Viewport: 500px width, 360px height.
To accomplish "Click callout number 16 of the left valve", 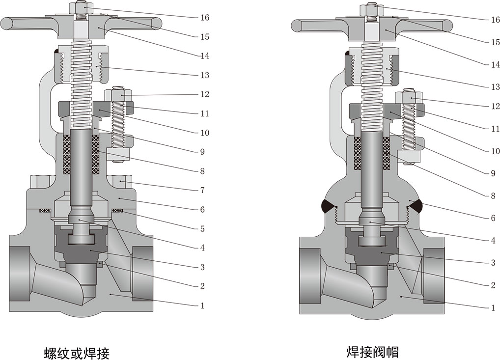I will [x=205, y=18].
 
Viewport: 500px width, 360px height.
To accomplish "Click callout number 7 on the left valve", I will [x=202, y=190].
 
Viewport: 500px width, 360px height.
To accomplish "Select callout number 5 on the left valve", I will [x=202, y=228].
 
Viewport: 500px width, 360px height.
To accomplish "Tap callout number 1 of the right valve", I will [x=493, y=308].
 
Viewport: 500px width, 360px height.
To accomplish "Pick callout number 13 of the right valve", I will [x=495, y=87].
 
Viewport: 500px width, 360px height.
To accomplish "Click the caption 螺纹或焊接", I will [x=76, y=353].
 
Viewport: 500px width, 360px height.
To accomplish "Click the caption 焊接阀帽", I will [x=372, y=352].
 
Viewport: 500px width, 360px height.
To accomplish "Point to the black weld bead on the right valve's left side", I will [x=327, y=206].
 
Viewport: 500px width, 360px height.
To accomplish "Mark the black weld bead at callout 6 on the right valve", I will [x=416, y=206].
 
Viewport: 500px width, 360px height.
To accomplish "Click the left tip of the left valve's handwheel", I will [x=6, y=23].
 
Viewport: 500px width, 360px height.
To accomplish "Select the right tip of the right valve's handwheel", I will [x=448, y=24].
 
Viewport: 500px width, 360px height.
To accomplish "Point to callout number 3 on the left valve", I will [x=202, y=267].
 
